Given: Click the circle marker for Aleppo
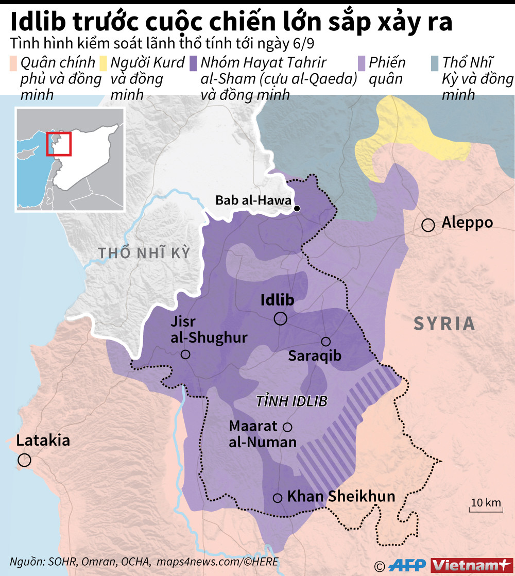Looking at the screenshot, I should pyautogui.click(x=427, y=225).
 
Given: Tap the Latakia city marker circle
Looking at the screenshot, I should pyautogui.click(x=24, y=460).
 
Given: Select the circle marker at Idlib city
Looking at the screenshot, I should pyautogui.click(x=281, y=319).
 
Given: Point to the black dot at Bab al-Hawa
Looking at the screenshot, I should pyautogui.click(x=297, y=209).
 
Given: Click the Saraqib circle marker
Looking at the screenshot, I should pyautogui.click(x=325, y=342).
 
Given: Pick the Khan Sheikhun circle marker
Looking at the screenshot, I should pyautogui.click(x=278, y=498).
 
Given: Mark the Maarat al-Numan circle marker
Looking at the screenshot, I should pyautogui.click(x=287, y=427).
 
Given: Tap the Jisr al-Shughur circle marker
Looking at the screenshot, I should pyautogui.click(x=185, y=354).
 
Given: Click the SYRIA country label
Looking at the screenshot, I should pyautogui.click(x=444, y=324).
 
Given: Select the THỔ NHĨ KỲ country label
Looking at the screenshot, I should pyautogui.click(x=144, y=253).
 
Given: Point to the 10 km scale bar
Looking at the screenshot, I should pyautogui.click(x=485, y=511).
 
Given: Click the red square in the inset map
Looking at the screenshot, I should pyautogui.click(x=58, y=143).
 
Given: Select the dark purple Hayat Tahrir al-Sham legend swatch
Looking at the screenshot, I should pyautogui.click(x=194, y=63).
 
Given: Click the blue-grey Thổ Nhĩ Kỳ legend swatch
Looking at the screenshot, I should pyautogui.click(x=434, y=63).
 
